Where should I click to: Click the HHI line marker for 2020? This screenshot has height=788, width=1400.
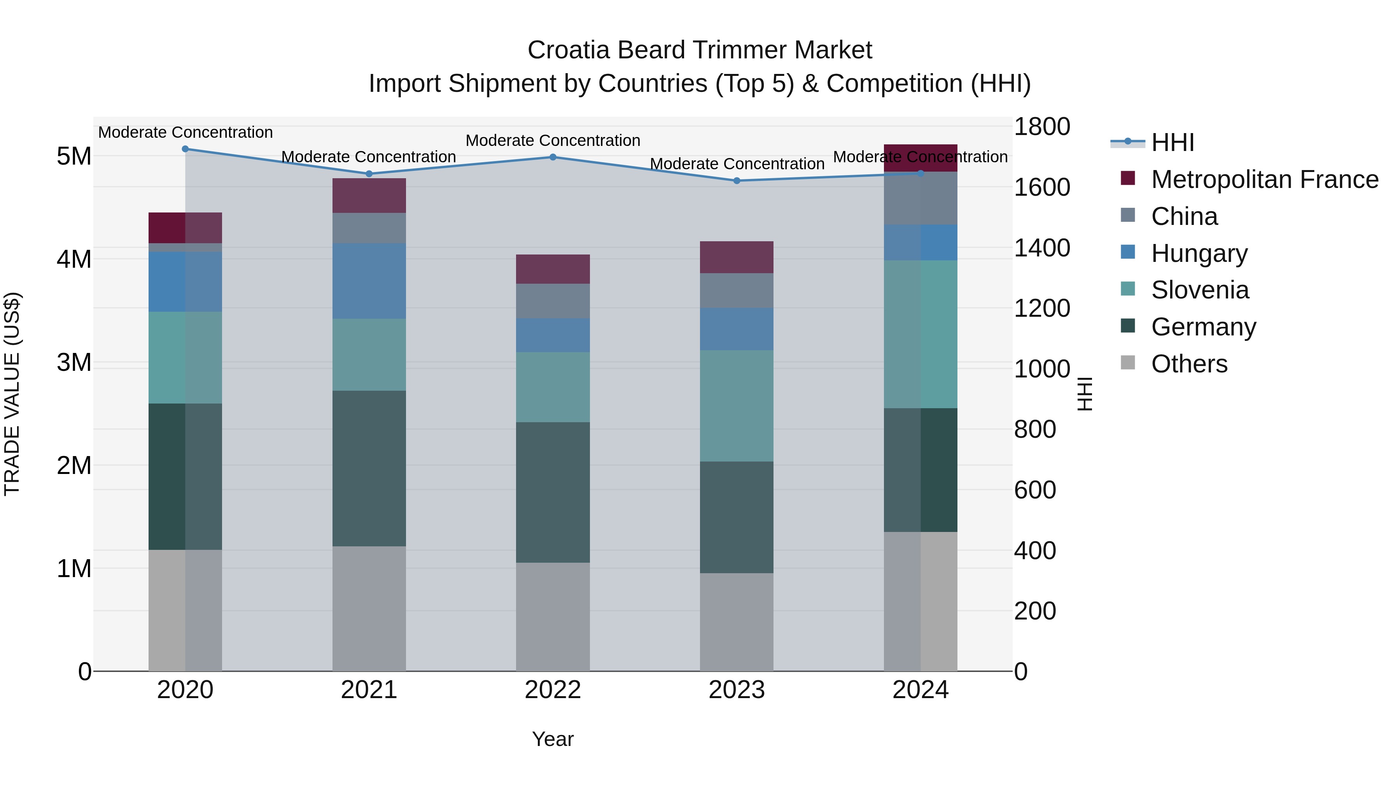click(x=185, y=149)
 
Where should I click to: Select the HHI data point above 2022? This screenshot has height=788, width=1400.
click(x=553, y=157)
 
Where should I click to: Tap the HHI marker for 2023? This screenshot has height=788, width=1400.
click(x=737, y=181)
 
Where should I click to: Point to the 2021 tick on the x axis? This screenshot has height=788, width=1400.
click(x=369, y=690)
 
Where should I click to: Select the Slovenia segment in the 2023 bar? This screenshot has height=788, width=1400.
click(x=737, y=406)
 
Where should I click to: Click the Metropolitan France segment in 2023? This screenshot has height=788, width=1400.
click(x=737, y=257)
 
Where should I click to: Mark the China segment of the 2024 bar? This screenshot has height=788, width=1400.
click(x=920, y=198)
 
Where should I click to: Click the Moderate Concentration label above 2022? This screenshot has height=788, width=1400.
click(x=553, y=140)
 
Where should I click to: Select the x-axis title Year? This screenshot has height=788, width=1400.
click(x=553, y=739)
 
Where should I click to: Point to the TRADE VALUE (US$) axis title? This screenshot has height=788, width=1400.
click(x=12, y=394)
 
